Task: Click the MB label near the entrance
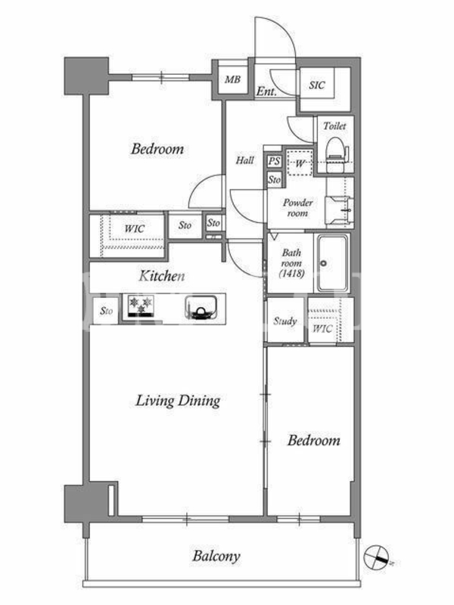(x=232, y=79)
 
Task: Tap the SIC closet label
(x=317, y=85)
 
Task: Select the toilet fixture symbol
(x=334, y=154)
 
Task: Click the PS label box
(x=274, y=161)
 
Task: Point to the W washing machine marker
(x=300, y=163)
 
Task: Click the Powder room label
(x=297, y=207)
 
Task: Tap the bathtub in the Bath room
(x=333, y=263)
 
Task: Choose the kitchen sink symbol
(x=201, y=308)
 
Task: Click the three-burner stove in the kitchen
(x=141, y=306)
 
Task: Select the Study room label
(x=285, y=321)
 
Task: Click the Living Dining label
(x=178, y=401)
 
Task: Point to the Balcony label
(x=216, y=556)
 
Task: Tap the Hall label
(x=245, y=160)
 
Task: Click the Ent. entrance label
(x=266, y=92)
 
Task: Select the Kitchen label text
(x=162, y=276)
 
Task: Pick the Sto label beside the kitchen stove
(x=106, y=311)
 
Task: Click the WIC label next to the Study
(x=322, y=329)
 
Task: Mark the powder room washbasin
(x=338, y=210)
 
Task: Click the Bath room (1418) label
(x=291, y=263)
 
